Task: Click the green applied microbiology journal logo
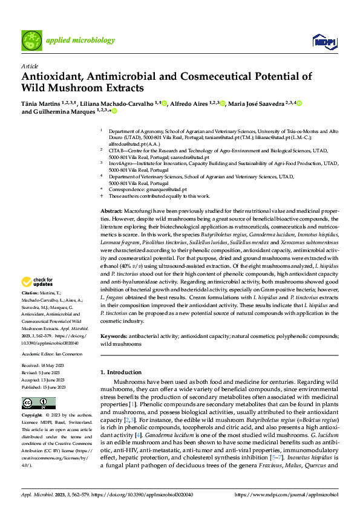[x=32, y=41]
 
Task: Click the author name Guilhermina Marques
[x=62, y=111]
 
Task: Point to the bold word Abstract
[x=111, y=209]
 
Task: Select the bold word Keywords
[x=113, y=335]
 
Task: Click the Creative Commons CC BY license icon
[x=34, y=403]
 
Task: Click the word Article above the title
[x=28, y=66]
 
